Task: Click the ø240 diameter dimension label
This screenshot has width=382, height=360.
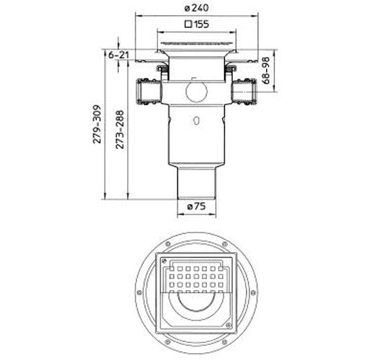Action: (196, 8)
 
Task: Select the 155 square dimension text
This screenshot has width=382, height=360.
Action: (201, 24)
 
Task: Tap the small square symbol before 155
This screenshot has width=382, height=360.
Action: (188, 24)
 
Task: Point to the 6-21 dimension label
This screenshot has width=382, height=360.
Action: (118, 55)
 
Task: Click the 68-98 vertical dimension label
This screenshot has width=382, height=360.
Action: (266, 71)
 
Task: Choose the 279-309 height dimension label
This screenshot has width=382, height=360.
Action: (97, 124)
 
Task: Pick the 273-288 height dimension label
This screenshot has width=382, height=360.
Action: (120, 130)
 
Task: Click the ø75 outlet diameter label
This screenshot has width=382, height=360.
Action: (196, 207)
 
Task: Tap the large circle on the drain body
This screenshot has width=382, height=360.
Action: (197, 91)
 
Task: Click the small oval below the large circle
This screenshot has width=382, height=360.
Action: (196, 121)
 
